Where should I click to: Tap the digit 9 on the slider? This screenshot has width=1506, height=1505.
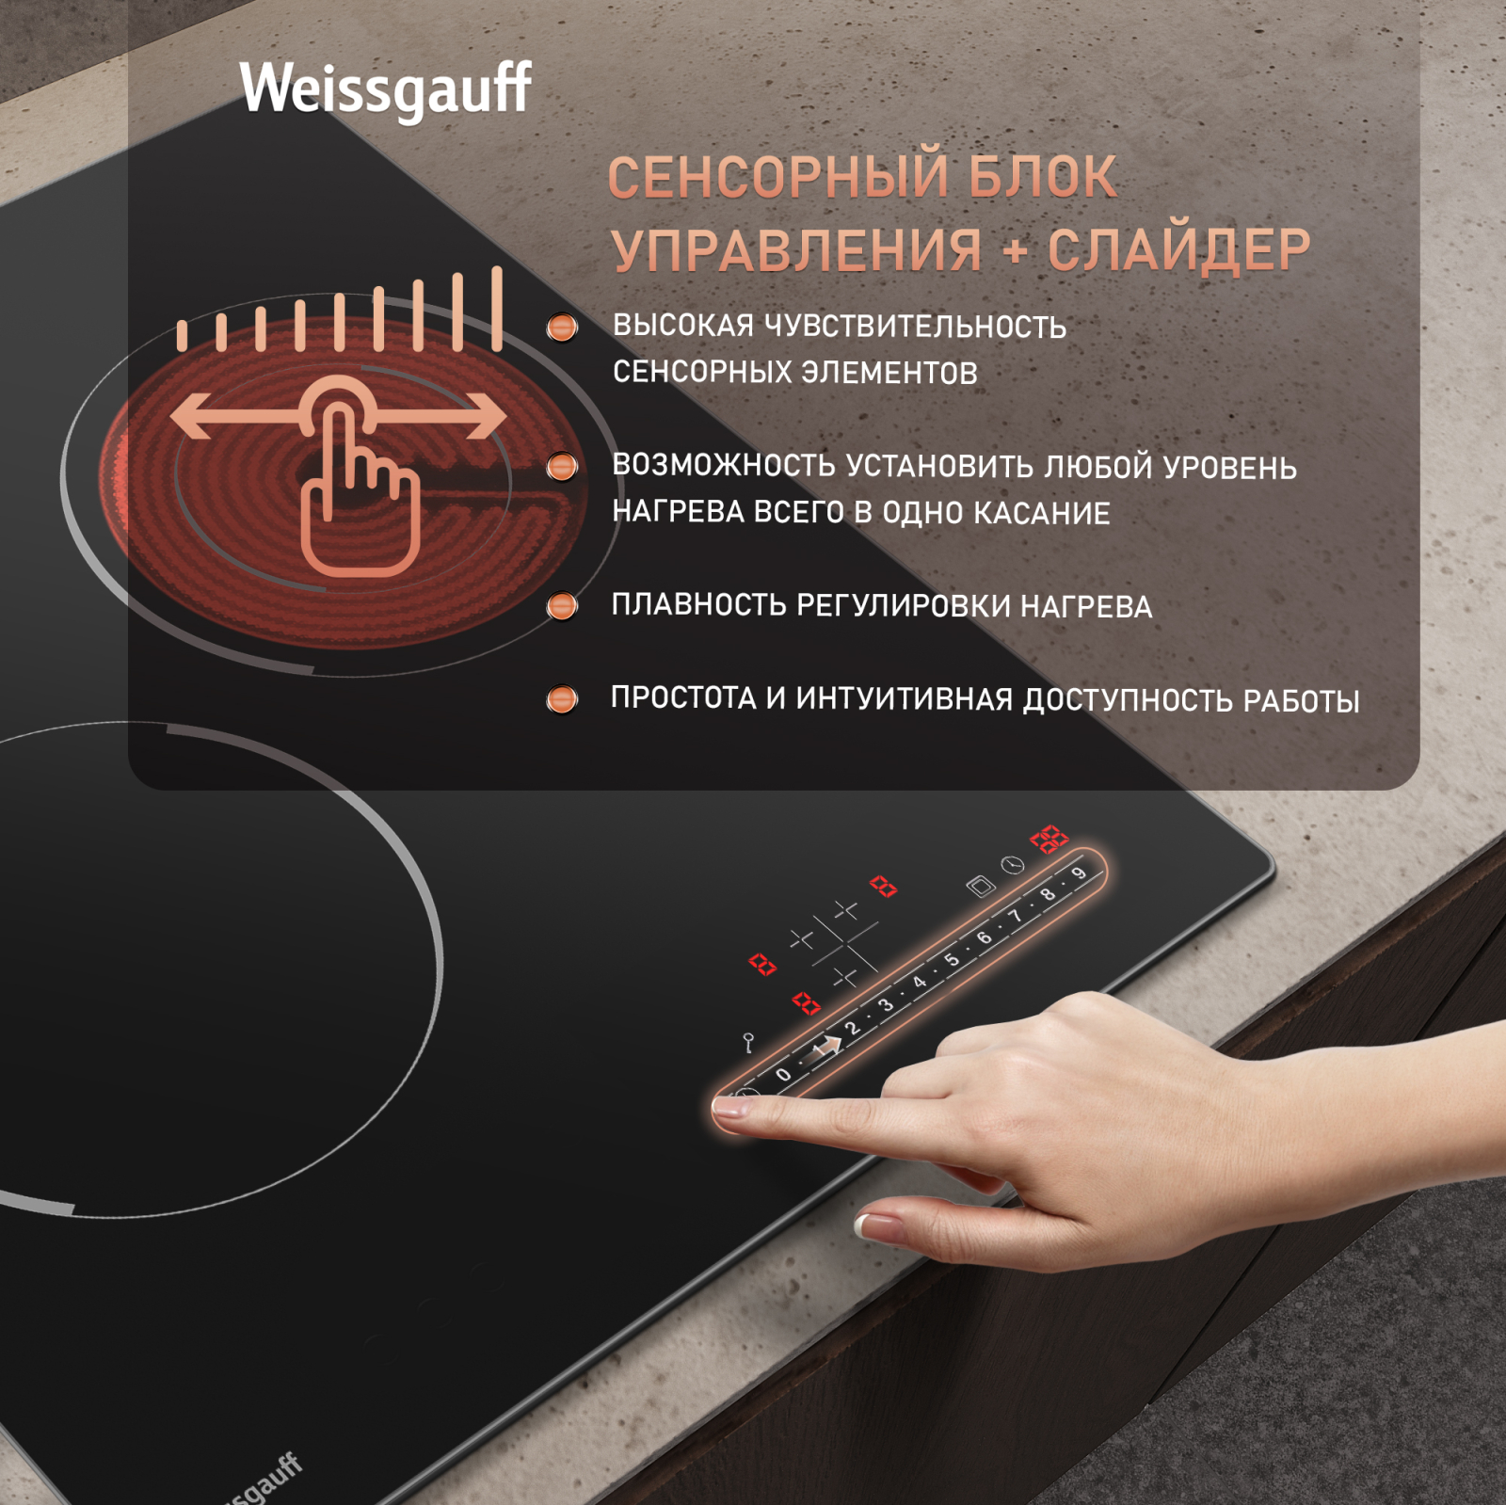[1079, 873]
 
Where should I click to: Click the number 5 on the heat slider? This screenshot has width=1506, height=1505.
[952, 960]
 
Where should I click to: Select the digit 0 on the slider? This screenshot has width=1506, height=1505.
[783, 1075]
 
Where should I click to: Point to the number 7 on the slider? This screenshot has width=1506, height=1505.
[1015, 916]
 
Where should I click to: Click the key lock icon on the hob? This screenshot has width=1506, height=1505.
[748, 1043]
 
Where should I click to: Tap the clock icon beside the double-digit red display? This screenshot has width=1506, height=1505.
[1013, 864]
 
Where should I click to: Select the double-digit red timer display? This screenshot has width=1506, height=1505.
[1049, 838]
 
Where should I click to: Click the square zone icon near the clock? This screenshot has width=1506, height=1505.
[981, 886]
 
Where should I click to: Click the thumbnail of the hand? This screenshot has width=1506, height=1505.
[870, 1225]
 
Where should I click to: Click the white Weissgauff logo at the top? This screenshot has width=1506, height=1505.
[385, 90]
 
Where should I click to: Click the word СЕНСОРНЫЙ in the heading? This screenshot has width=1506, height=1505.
[777, 177]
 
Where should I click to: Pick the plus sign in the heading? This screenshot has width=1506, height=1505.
[1015, 251]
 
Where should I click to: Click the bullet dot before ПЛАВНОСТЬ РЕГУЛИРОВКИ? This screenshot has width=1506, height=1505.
[562, 606]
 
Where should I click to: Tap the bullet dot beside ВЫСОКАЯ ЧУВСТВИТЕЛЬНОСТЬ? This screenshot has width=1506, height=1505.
[562, 328]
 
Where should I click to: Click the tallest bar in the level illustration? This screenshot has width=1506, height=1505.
[497, 309]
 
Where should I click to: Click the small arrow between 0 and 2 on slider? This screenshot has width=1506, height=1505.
[826, 1046]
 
